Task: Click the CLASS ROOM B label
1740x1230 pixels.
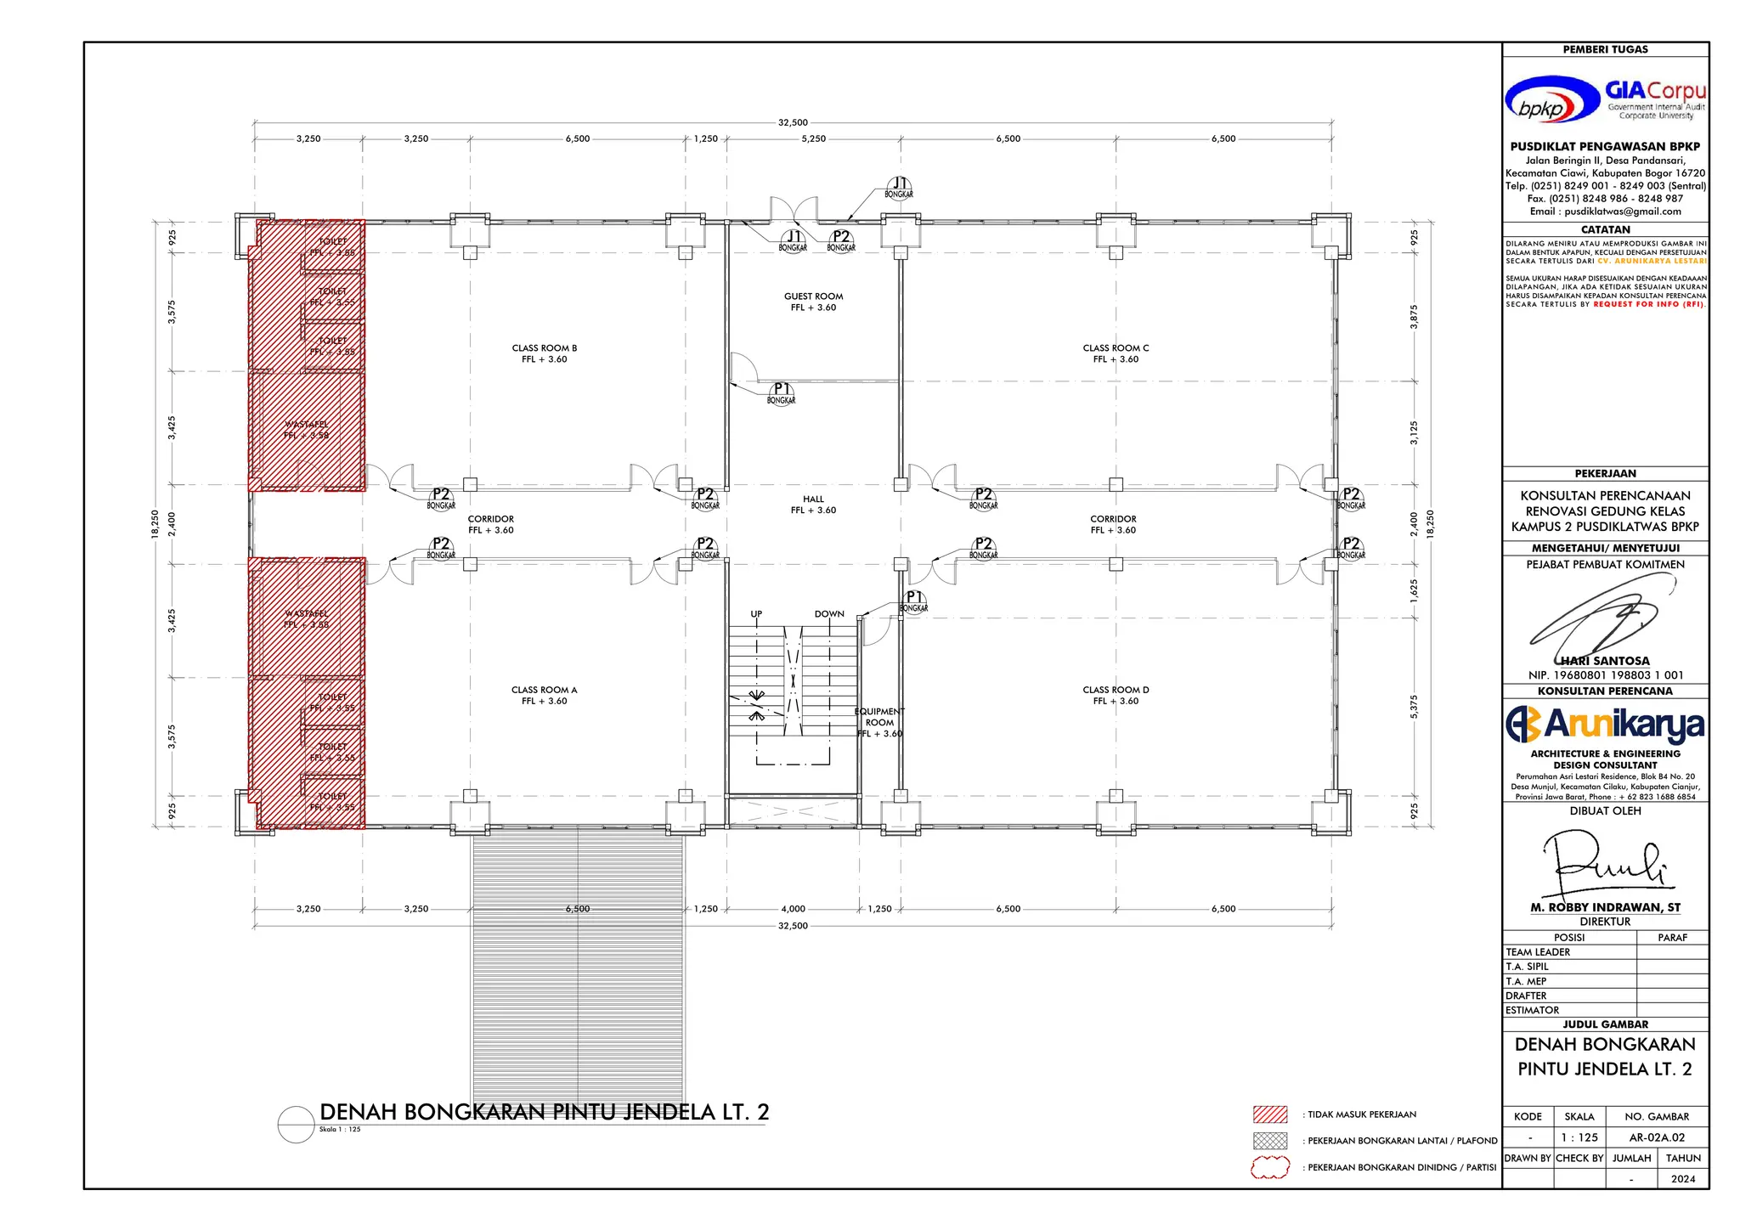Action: tap(544, 353)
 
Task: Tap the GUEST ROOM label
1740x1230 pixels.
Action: tap(813, 302)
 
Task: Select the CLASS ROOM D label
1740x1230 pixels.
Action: tap(1116, 695)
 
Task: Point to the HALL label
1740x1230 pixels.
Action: tap(813, 505)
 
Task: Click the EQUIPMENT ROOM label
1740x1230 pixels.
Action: tap(879, 722)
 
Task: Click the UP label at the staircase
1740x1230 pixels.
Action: tap(756, 613)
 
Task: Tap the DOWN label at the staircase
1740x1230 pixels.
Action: tap(829, 613)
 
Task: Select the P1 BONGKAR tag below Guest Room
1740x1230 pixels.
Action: tap(781, 393)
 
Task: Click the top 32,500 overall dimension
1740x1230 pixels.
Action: tap(793, 122)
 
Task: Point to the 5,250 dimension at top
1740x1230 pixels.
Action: tap(813, 138)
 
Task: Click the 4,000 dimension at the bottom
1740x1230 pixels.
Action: tap(793, 909)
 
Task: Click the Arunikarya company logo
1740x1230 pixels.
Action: tap(1605, 724)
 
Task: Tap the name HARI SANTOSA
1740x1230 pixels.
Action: tap(1605, 660)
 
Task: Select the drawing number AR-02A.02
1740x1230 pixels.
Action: tap(1657, 1137)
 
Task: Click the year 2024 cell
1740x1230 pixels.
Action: tap(1682, 1179)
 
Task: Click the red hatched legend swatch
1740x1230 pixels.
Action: tap(1270, 1114)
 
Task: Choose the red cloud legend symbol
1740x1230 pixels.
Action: tap(1270, 1168)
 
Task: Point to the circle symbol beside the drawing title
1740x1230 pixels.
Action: tap(296, 1125)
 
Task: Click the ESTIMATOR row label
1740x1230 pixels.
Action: tap(1532, 1010)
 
